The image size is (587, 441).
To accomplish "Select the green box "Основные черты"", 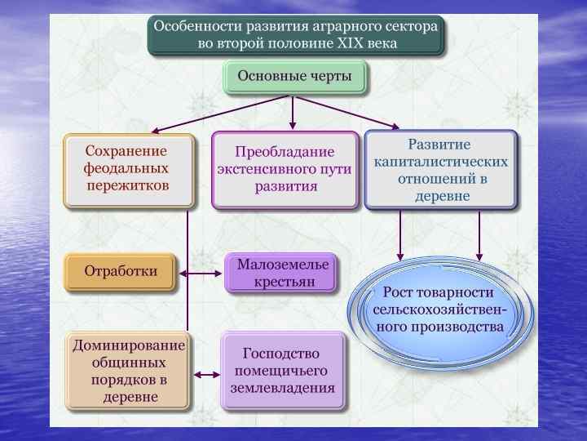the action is click(294, 77).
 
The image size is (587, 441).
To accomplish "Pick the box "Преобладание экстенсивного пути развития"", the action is click(285, 169).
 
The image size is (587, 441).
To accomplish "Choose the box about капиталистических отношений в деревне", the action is click(441, 170).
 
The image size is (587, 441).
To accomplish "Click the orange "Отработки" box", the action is click(121, 271).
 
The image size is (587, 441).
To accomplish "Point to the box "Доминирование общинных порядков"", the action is click(127, 371).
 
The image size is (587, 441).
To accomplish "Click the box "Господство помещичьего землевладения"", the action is click(282, 371).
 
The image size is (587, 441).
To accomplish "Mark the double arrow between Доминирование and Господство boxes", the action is click(205, 375).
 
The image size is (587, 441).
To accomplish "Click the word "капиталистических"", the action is click(441, 162).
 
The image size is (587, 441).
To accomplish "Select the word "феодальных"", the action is click(126, 168).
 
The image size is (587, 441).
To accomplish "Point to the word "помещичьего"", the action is click(282, 371).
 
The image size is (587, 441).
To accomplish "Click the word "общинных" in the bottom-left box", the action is click(128, 363).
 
